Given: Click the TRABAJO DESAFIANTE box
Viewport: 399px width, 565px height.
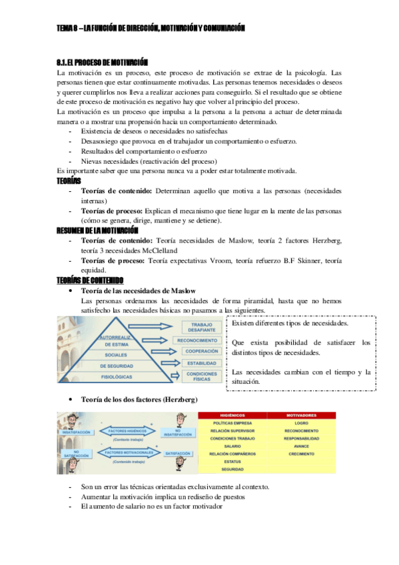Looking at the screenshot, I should coord(200,326).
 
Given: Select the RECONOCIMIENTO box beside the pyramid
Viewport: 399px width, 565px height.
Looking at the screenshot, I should coord(200,340).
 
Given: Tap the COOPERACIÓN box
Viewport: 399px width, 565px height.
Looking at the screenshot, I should coord(200,351).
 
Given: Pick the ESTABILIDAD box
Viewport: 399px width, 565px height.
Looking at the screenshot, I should coord(200,364).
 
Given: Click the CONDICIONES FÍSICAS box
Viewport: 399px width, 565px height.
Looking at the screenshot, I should coord(200,377).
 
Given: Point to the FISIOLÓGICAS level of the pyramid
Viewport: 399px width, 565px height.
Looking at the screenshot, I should coord(116,378).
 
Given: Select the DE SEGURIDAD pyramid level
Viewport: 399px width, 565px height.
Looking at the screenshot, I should coord(116,366).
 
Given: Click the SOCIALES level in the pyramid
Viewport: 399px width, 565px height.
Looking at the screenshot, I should coord(116,354).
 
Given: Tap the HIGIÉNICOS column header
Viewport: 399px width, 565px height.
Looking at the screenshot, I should coord(232,415).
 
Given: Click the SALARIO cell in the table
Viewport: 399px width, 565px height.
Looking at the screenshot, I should coord(232,446).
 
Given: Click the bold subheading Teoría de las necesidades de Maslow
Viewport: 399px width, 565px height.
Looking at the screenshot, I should coord(138,291).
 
